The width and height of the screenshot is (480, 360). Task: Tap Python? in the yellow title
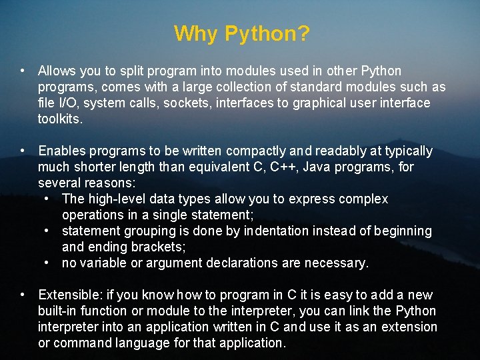(x=267, y=34)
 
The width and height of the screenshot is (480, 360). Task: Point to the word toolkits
(x=60, y=119)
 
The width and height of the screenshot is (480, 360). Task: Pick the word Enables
(x=62, y=151)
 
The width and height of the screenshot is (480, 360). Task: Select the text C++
(x=285, y=167)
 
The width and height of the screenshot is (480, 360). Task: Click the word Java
(x=316, y=167)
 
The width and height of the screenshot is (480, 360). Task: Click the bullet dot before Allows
(x=23, y=71)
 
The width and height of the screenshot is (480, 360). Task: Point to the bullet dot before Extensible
(x=23, y=295)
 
